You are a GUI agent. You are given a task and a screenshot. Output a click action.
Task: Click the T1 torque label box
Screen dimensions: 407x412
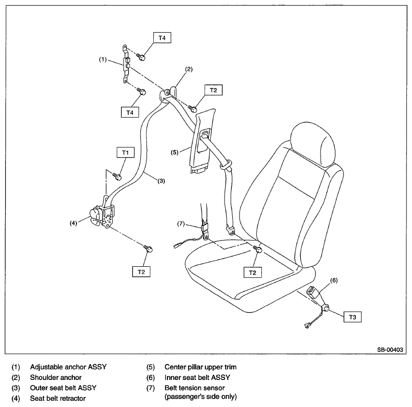click(x=125, y=152)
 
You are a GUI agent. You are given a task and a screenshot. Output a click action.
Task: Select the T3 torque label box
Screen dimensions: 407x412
click(x=352, y=317)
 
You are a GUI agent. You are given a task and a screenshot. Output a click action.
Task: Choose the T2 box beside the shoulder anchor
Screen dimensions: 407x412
click(x=213, y=90)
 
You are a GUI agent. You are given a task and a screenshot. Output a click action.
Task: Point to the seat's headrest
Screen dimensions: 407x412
click(x=313, y=144)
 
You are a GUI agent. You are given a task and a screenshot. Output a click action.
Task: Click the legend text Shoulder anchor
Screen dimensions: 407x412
click(x=56, y=377)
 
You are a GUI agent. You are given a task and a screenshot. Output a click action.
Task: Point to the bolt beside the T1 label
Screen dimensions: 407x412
click(x=116, y=176)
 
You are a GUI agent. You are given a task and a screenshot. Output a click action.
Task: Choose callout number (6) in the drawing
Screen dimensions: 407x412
click(x=334, y=279)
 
